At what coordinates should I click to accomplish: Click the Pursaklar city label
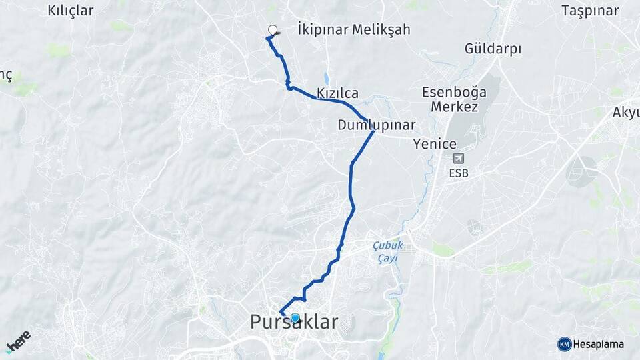click(294, 323)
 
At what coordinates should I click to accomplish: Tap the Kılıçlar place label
click(71, 11)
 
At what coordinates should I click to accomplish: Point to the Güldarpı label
click(493, 49)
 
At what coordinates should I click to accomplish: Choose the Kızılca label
click(338, 93)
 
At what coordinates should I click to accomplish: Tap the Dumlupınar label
click(376, 125)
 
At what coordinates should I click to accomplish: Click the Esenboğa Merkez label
click(454, 99)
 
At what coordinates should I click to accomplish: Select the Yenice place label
click(435, 143)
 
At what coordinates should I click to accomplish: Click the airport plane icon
click(459, 159)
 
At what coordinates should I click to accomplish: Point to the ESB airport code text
click(459, 173)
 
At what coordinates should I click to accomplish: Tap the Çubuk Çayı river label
click(385, 251)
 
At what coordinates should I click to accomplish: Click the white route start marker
click(272, 29)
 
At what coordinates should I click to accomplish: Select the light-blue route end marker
click(295, 317)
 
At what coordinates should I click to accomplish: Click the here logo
click(18, 341)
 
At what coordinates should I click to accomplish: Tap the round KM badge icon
click(565, 344)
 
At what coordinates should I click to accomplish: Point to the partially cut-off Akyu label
click(627, 112)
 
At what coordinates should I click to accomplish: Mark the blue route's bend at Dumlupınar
click(373, 131)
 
